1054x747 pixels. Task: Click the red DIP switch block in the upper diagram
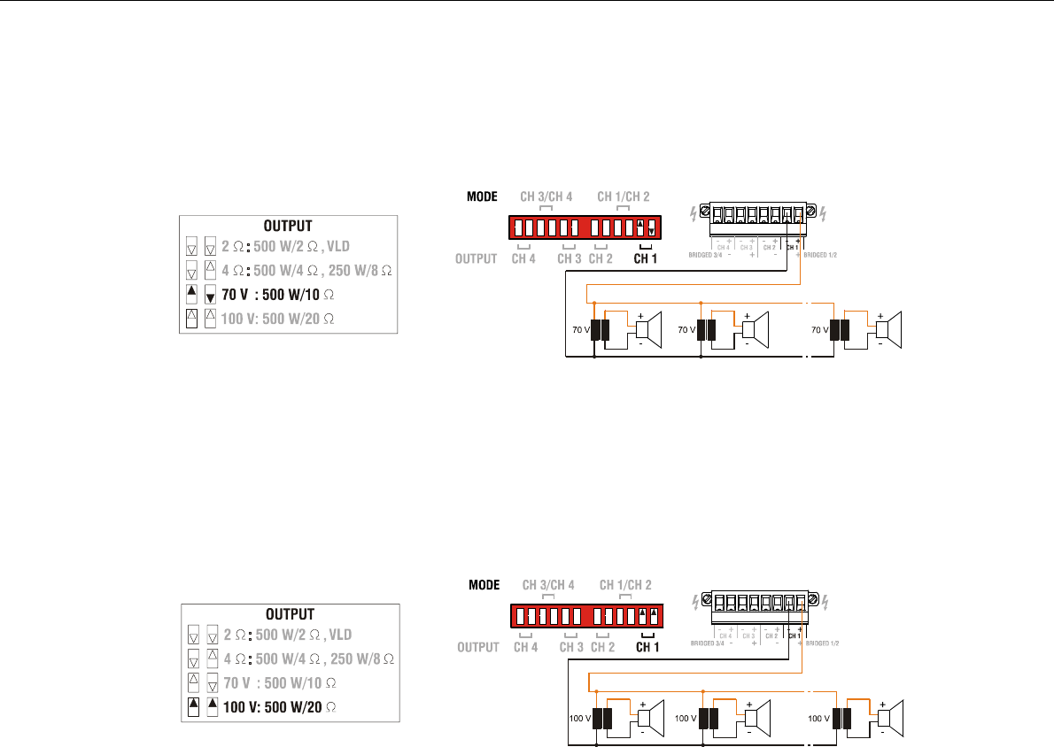click(585, 227)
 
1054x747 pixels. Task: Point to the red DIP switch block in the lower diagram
click(586, 615)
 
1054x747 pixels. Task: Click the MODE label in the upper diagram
click(484, 196)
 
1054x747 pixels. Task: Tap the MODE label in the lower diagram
click(484, 584)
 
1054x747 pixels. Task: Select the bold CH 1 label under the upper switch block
click(647, 259)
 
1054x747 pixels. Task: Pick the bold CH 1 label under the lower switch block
click(649, 647)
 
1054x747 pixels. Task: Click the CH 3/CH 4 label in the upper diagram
click(546, 196)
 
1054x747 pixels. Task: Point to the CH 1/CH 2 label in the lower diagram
click(625, 584)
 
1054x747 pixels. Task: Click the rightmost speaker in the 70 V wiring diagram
click(888, 330)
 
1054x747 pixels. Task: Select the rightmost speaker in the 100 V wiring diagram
click(889, 717)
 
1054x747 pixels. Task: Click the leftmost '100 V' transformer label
click(579, 717)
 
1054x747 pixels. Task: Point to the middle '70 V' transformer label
click(687, 330)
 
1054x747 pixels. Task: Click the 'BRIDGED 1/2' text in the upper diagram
click(821, 254)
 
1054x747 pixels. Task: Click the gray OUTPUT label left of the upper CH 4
click(476, 259)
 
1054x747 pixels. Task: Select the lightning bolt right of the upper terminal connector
click(825, 213)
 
